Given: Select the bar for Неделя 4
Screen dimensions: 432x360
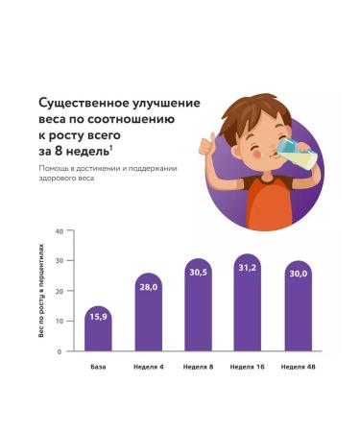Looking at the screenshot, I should [148, 317].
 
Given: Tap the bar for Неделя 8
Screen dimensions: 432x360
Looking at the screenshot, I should [198, 312].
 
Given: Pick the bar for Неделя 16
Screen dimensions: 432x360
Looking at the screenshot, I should [248, 309].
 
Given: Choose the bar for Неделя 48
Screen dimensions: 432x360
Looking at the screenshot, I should [298, 312].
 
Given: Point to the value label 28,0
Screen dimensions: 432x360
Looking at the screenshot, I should [148, 285].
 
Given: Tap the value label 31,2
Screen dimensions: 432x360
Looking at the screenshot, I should [248, 268].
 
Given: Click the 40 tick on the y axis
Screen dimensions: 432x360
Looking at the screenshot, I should [59, 231].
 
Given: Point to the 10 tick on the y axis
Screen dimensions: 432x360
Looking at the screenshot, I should [59, 321].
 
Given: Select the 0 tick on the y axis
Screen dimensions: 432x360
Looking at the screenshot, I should [60, 350].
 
